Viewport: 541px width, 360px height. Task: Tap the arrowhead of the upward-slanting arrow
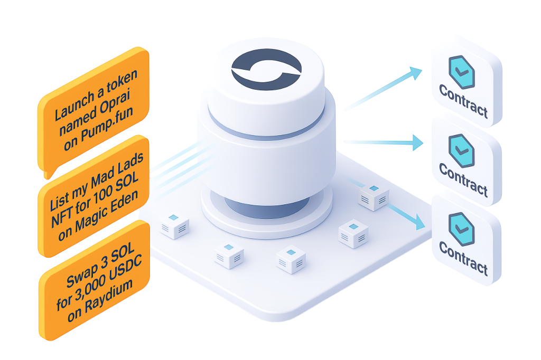(x=417, y=73)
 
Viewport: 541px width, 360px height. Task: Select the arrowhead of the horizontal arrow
(x=418, y=141)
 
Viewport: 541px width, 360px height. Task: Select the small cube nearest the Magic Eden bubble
(x=174, y=225)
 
